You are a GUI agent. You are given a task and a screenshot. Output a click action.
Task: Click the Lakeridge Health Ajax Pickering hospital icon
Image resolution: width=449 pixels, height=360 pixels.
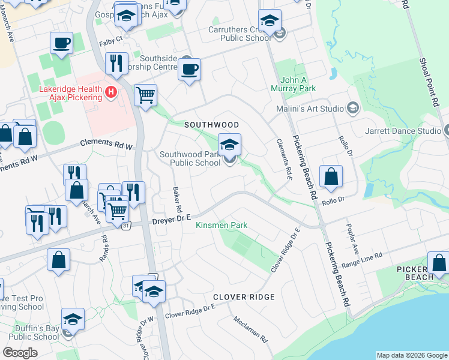pyautogui.click(x=110, y=92)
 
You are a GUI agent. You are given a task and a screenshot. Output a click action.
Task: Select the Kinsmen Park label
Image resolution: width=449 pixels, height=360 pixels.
pyautogui.click(x=221, y=226)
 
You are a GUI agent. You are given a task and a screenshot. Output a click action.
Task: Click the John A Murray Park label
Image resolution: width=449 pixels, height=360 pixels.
pyautogui.click(x=298, y=84)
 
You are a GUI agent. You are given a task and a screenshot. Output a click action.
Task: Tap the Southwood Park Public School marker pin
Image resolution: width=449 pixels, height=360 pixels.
pyautogui.click(x=229, y=145)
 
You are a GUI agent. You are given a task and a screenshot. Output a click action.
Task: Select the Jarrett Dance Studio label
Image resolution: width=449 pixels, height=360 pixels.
pyautogui.click(x=403, y=131)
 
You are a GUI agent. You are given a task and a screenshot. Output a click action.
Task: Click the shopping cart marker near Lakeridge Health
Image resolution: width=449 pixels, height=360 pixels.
pyautogui.click(x=145, y=95)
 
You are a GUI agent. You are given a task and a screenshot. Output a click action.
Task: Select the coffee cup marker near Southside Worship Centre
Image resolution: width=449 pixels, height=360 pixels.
pyautogui.click(x=189, y=70)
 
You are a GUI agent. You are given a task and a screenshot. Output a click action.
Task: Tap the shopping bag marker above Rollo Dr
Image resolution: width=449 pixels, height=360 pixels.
pyautogui.click(x=331, y=176)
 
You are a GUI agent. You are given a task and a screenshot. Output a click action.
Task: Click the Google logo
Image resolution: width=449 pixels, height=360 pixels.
pyautogui.click(x=20, y=353)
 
